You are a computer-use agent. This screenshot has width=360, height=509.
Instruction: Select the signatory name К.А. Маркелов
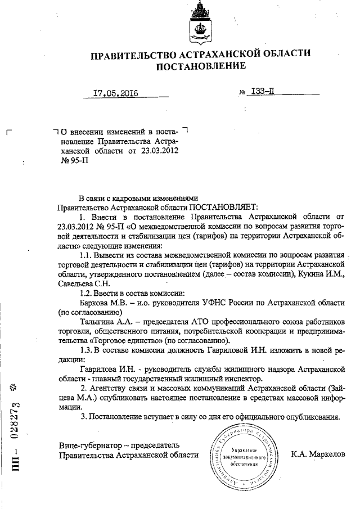(318, 453)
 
